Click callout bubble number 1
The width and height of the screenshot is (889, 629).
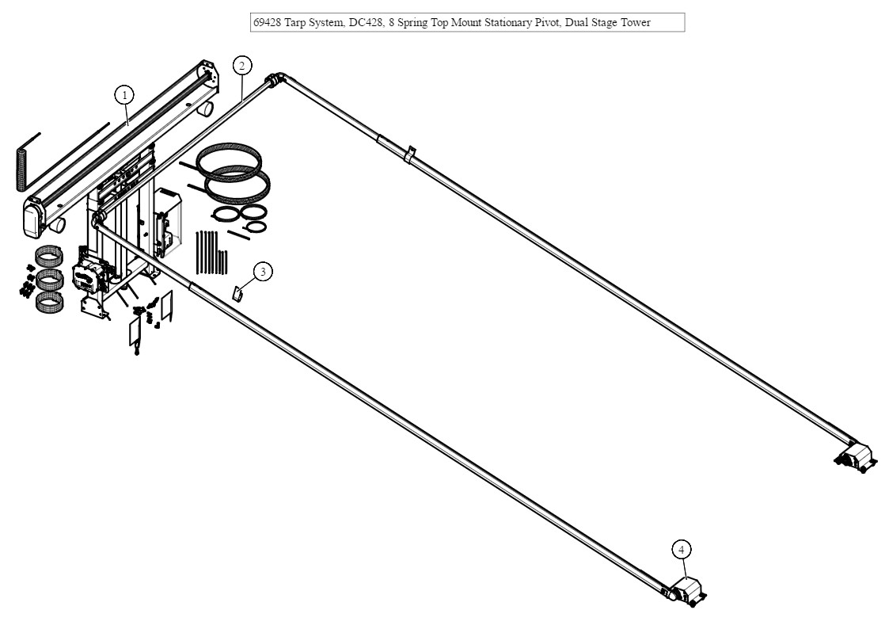click(123, 96)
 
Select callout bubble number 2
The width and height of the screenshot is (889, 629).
click(242, 66)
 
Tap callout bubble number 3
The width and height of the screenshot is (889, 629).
click(263, 272)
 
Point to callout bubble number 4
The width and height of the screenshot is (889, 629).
click(682, 549)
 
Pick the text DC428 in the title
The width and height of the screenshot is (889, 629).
click(366, 23)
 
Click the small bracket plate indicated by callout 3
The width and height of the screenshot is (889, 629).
click(238, 293)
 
